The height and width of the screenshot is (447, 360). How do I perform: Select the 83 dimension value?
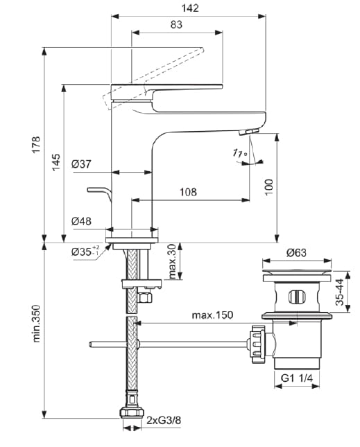176,25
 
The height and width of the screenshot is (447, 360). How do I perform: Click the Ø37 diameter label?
80,164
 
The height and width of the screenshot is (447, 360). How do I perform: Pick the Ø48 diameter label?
80,222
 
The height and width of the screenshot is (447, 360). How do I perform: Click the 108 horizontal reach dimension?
189,192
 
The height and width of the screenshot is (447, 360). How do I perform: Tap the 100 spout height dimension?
269,185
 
